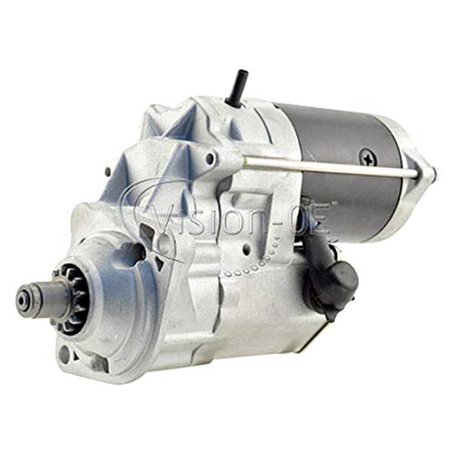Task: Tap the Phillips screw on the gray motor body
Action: [369, 157]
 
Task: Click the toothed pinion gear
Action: [70, 298]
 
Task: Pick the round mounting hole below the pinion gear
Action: [64, 354]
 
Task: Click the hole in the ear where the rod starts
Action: [210, 158]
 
